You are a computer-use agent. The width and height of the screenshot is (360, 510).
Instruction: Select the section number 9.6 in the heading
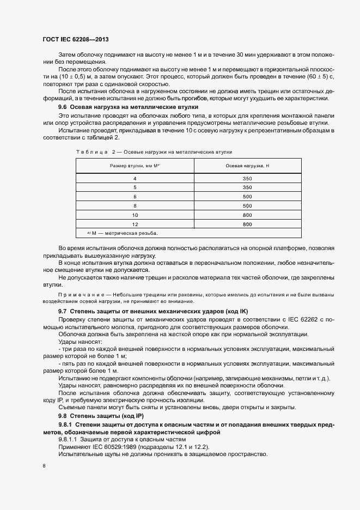click(64, 107)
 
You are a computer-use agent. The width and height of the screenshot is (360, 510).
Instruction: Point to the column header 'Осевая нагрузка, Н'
click(247, 165)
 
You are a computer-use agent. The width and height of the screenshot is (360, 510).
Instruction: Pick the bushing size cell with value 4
click(135, 179)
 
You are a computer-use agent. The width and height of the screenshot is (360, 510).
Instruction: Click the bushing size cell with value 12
click(135, 224)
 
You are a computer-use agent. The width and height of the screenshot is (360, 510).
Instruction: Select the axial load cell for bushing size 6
click(247, 196)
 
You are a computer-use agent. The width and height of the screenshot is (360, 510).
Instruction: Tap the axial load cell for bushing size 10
click(247, 215)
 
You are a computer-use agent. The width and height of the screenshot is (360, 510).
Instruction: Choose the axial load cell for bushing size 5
click(247, 187)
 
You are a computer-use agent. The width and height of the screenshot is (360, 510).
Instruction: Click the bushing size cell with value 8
click(135, 205)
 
